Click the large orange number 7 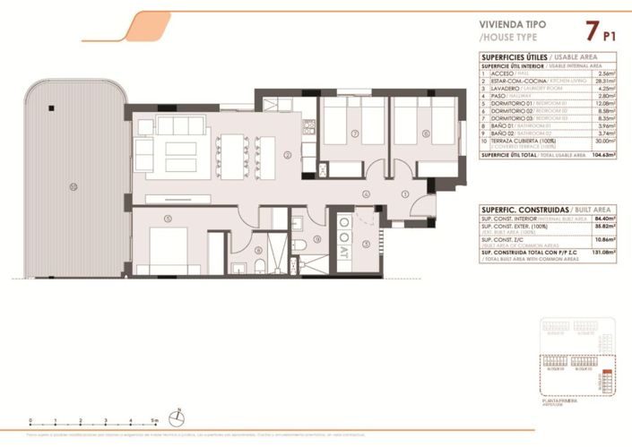point(591,31)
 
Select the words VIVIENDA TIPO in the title point(511,26)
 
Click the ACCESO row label point(504,73)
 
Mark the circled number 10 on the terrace point(74,187)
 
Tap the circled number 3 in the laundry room point(365,243)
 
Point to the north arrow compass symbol point(179,416)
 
